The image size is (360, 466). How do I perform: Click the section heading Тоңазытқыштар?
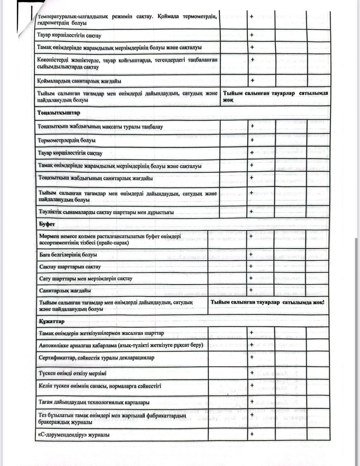(59, 113)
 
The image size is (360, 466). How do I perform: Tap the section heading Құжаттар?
(52, 321)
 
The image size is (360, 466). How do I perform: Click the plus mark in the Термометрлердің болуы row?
(252, 140)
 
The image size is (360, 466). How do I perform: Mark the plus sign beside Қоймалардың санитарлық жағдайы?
(252, 80)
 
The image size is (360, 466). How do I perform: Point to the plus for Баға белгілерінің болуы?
(251, 254)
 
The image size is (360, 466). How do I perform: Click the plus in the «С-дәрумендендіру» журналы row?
(251, 434)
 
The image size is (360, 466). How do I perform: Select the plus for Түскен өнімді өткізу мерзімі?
(252, 373)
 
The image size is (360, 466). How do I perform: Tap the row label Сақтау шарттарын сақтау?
(70, 267)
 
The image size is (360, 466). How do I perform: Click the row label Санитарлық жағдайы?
(65, 291)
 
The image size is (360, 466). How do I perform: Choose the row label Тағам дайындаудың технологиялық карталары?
(94, 402)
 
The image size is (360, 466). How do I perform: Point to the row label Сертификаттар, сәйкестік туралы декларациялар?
(97, 358)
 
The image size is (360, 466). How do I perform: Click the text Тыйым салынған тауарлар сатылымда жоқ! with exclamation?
(267, 303)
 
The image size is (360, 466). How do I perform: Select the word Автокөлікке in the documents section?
(55, 345)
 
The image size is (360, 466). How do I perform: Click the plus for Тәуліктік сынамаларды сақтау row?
(251, 211)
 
